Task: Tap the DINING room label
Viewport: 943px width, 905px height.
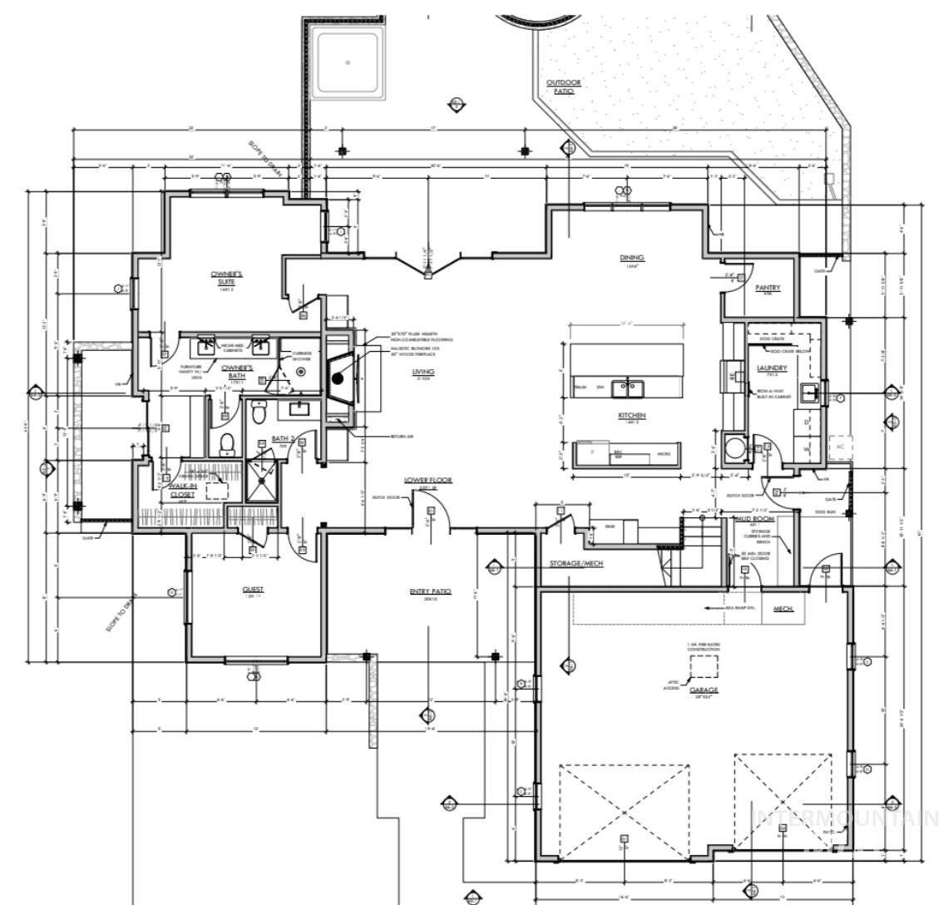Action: pos(632,258)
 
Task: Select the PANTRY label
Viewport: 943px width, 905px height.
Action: pos(768,288)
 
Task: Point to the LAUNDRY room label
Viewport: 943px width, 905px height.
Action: pos(773,368)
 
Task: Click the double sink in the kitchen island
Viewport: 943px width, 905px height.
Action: pos(625,388)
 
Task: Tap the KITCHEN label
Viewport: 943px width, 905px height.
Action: pos(632,415)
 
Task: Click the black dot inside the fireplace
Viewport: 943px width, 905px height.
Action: pos(338,378)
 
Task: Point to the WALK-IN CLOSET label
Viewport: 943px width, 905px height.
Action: pos(181,490)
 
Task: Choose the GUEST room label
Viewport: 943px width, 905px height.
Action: pos(253,590)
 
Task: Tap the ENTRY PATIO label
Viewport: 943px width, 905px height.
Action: pos(430,591)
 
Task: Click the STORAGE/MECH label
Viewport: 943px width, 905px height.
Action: pos(576,563)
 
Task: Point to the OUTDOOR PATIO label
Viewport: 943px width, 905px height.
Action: pos(563,87)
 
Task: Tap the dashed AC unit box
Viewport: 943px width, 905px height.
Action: pos(840,446)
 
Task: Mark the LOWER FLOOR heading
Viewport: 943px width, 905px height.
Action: pos(428,481)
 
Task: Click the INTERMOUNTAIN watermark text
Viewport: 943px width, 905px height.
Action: pos(845,818)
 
